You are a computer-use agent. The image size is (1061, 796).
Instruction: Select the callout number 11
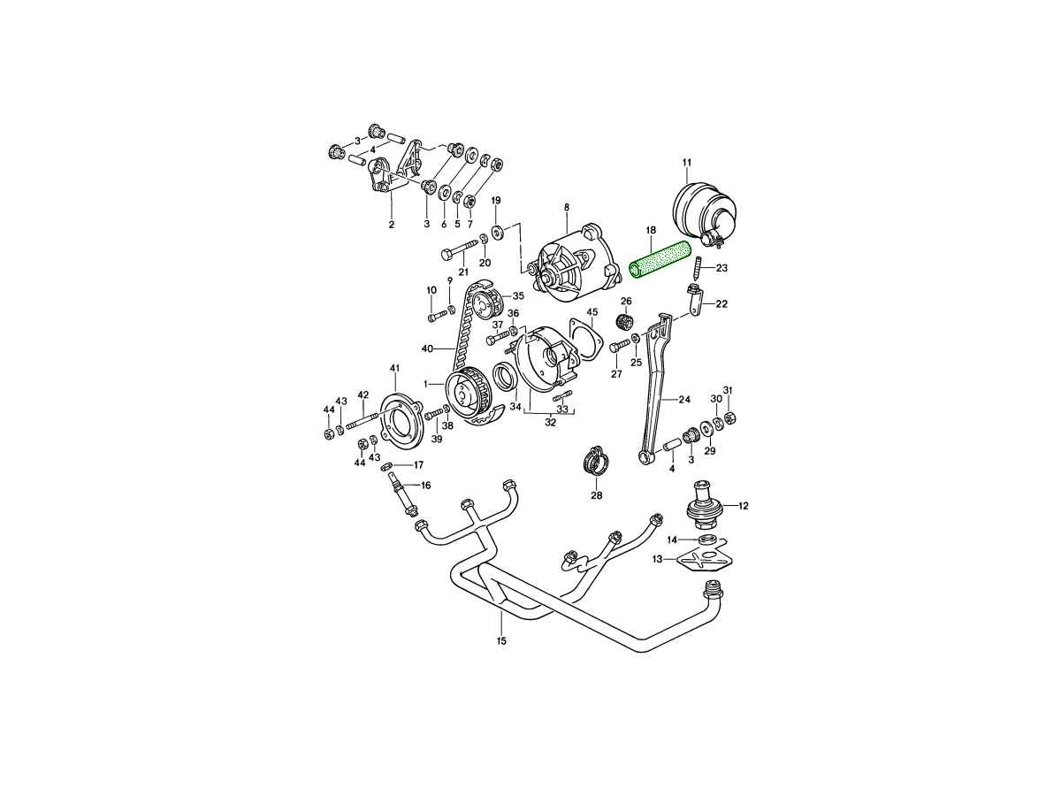(x=687, y=162)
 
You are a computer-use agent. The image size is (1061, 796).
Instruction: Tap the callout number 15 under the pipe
(x=501, y=640)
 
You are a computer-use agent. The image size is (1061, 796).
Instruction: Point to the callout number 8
(x=567, y=207)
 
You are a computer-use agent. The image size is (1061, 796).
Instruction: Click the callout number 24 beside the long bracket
(x=683, y=398)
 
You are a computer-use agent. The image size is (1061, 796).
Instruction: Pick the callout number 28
(x=596, y=495)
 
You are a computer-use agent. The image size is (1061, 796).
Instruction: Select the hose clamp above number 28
(x=596, y=462)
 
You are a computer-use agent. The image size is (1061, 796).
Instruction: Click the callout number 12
(x=744, y=506)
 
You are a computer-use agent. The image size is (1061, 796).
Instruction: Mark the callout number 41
(x=395, y=367)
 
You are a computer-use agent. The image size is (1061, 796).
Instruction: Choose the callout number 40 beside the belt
(x=426, y=348)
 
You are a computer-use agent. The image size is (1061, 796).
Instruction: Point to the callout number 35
(x=518, y=295)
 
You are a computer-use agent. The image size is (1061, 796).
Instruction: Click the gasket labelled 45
(x=584, y=341)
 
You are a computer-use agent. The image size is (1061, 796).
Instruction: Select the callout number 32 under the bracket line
(x=550, y=423)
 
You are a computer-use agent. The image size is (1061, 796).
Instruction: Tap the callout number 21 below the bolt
(x=463, y=272)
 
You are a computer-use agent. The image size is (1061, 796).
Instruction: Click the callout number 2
(x=391, y=225)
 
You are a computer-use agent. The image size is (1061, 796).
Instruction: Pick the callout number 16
(x=425, y=485)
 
